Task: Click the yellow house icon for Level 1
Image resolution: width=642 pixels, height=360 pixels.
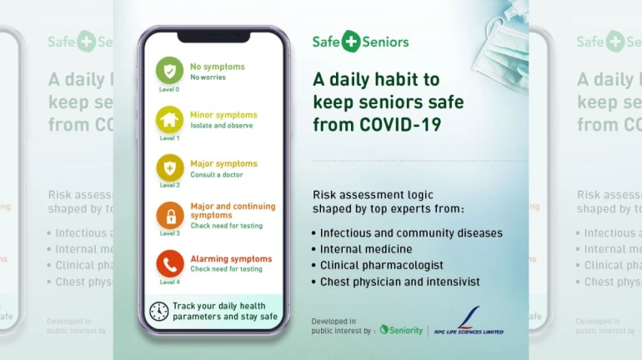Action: (x=169, y=119)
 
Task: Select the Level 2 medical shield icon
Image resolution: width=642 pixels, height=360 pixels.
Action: (x=169, y=167)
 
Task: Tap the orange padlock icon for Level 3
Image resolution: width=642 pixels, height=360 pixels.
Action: (x=169, y=216)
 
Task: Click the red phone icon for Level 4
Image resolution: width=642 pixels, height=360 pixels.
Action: (x=169, y=263)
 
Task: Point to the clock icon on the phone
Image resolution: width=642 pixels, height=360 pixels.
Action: (x=158, y=311)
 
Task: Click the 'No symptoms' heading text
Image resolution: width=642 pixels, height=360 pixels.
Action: (x=217, y=67)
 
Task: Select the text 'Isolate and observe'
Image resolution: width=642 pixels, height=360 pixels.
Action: (x=221, y=126)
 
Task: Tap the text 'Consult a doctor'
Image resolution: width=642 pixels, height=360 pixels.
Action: (x=217, y=174)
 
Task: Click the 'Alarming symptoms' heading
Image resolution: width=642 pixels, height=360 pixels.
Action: (x=231, y=259)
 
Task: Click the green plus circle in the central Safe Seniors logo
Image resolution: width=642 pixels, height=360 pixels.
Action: (x=350, y=42)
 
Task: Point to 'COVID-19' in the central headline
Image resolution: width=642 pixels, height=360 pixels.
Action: (x=400, y=125)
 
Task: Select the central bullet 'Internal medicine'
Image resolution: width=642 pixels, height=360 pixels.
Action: (x=366, y=249)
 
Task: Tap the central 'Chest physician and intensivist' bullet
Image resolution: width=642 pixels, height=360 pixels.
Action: (x=399, y=282)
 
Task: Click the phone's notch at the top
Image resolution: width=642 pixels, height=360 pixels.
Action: (x=213, y=37)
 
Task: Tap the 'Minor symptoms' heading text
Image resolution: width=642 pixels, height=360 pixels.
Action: (x=223, y=115)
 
